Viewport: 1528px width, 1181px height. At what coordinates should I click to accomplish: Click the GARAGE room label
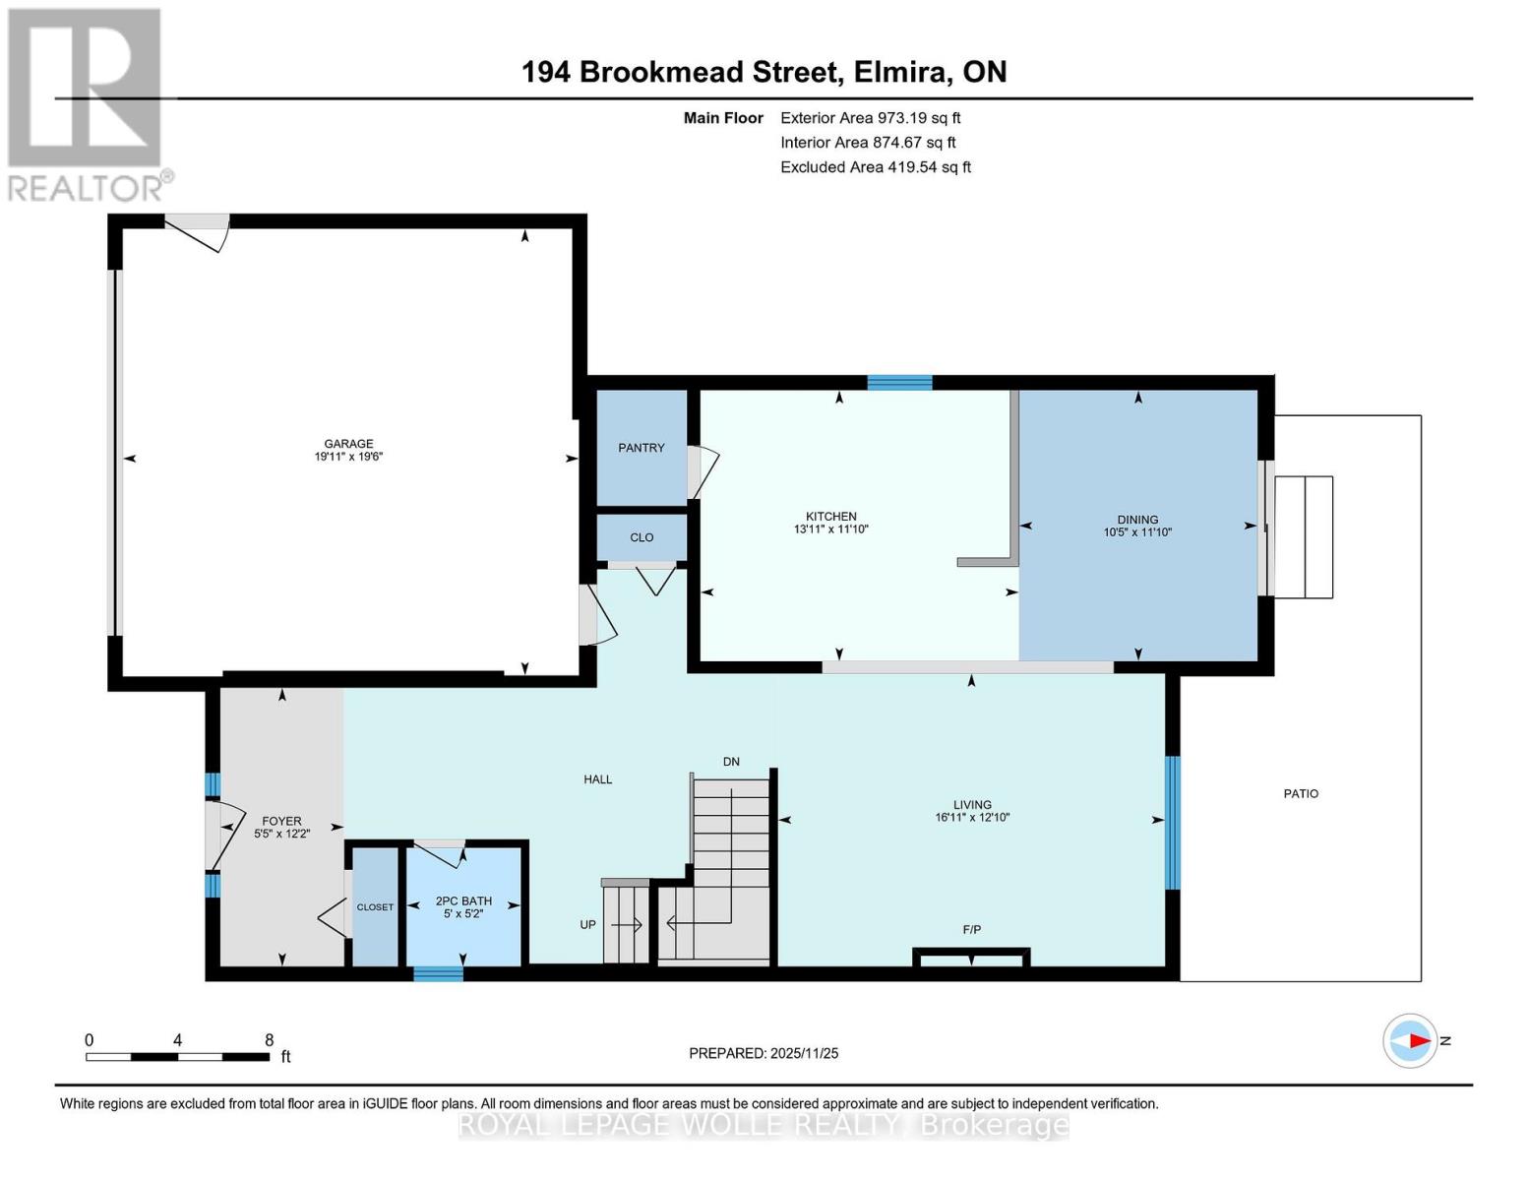click(x=348, y=444)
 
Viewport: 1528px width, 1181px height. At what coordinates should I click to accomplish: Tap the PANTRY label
click(x=642, y=448)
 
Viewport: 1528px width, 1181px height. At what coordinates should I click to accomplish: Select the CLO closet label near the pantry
click(x=642, y=537)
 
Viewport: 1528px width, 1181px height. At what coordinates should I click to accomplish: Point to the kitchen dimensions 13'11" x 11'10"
click(x=831, y=528)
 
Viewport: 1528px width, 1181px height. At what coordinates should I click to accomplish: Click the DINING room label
click(x=1137, y=520)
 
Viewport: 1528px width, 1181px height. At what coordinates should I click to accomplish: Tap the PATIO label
click(x=1301, y=793)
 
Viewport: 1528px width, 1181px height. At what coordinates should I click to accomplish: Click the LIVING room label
click(x=972, y=805)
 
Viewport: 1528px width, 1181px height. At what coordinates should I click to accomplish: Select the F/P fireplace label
click(x=972, y=930)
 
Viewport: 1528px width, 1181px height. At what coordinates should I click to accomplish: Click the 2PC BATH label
click(x=463, y=901)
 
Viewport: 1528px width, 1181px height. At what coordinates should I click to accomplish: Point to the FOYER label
click(x=281, y=821)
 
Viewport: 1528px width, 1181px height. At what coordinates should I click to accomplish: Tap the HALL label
click(x=597, y=779)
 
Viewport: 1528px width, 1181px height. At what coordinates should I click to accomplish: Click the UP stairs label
click(x=587, y=925)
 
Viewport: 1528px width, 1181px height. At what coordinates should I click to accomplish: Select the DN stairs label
click(x=731, y=762)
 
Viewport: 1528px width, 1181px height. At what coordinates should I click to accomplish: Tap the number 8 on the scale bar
click(x=269, y=1040)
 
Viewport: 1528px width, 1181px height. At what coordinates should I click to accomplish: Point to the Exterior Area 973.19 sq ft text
click(x=871, y=118)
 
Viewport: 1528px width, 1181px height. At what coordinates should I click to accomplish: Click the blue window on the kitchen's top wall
click(x=899, y=383)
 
